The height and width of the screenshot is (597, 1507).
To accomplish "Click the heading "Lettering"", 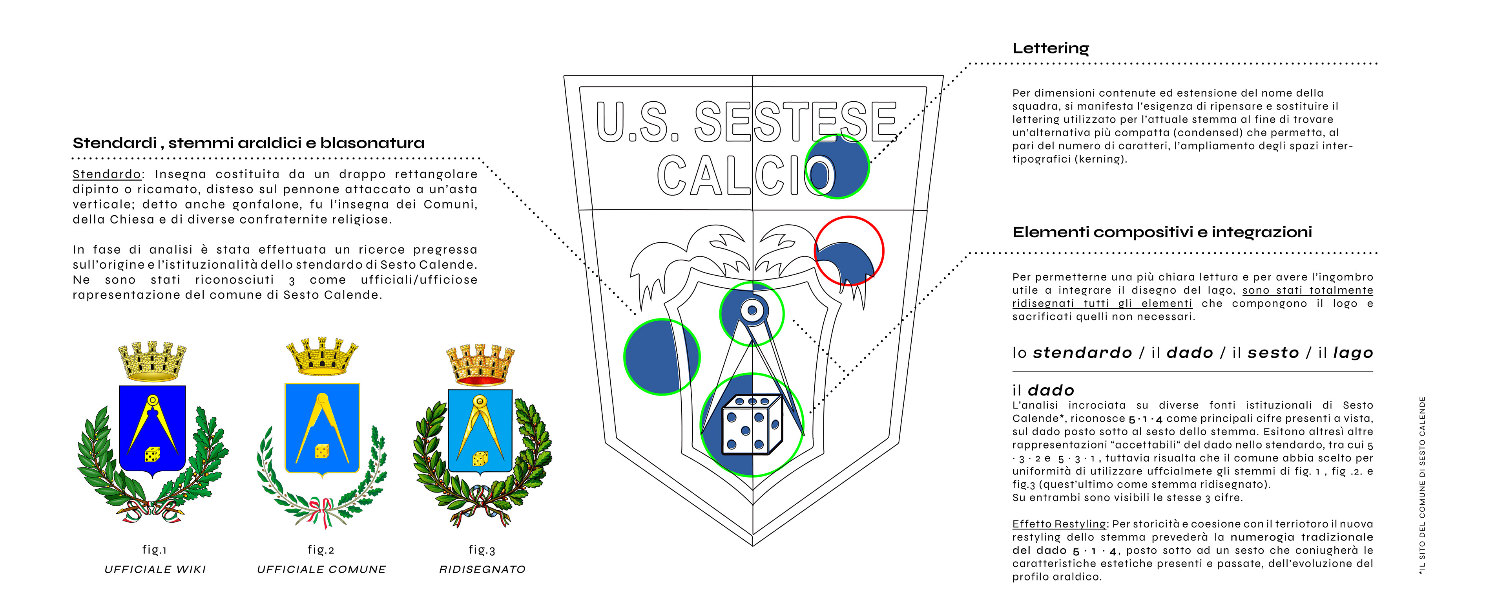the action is (x=1051, y=48).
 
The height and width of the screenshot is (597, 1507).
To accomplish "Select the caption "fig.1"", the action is (x=155, y=549).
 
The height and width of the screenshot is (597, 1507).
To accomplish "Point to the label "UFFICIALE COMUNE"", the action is (x=322, y=569).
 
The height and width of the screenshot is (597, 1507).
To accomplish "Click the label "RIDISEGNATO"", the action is (x=483, y=569).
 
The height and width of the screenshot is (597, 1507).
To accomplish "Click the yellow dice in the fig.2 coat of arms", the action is (x=322, y=450).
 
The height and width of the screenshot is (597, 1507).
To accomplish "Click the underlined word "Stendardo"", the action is (x=106, y=174).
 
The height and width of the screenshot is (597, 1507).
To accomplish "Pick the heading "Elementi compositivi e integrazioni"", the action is (x=1162, y=233).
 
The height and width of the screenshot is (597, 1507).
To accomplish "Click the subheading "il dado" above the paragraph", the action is (x=1043, y=390).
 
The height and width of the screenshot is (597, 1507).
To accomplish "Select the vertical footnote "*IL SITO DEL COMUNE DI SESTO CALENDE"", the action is (x=1422, y=485).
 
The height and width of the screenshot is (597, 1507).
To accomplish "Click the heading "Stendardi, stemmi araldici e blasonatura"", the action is (x=249, y=143).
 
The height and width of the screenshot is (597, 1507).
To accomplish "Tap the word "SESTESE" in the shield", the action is (x=795, y=122).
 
